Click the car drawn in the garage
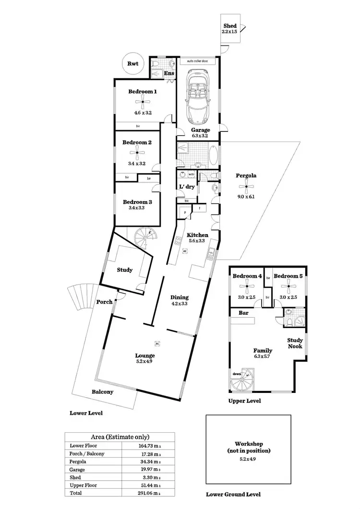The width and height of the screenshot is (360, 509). pyautogui.click(x=198, y=96)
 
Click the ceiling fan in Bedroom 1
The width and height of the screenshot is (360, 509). pyautogui.click(x=143, y=101)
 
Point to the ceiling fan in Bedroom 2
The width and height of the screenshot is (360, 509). pyautogui.click(x=137, y=153)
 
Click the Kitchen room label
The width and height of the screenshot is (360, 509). pyautogui.click(x=197, y=235)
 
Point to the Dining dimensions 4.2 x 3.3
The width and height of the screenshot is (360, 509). pyautogui.click(x=180, y=303)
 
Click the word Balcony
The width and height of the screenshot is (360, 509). pyautogui.click(x=103, y=391)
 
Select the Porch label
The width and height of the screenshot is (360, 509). pyautogui.click(x=104, y=302)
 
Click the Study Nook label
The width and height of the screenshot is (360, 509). pyautogui.click(x=295, y=343)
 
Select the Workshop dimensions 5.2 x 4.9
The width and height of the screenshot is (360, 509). pyautogui.click(x=249, y=460)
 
